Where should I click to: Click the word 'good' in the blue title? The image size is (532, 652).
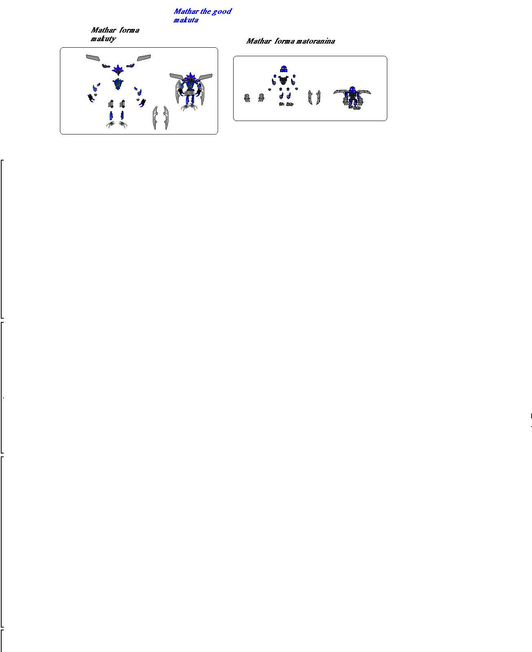(221, 12)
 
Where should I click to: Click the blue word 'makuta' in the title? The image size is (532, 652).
(185, 20)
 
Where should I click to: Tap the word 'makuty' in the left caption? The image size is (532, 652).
(103, 39)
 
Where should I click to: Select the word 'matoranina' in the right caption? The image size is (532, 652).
(316, 41)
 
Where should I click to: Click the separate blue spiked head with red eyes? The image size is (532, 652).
(118, 70)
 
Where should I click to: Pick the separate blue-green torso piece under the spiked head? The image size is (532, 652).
(118, 84)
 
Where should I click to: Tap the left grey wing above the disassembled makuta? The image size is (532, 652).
(93, 58)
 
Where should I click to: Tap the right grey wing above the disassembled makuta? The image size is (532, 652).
(144, 58)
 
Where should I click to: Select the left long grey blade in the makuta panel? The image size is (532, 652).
(155, 118)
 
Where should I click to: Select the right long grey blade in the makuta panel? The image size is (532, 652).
(166, 118)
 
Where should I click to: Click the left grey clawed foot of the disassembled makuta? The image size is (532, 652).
(111, 124)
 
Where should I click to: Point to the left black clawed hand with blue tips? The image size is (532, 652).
(91, 98)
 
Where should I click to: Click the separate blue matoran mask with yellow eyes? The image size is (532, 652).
(284, 69)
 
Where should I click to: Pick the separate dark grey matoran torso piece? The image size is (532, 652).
(283, 80)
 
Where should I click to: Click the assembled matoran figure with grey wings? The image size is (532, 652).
(352, 98)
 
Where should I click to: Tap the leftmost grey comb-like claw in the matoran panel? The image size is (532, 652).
(247, 98)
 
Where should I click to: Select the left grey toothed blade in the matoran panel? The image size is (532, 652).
(310, 97)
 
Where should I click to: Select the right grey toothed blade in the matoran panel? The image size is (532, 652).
(318, 97)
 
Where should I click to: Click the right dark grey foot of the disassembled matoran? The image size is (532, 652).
(290, 104)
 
